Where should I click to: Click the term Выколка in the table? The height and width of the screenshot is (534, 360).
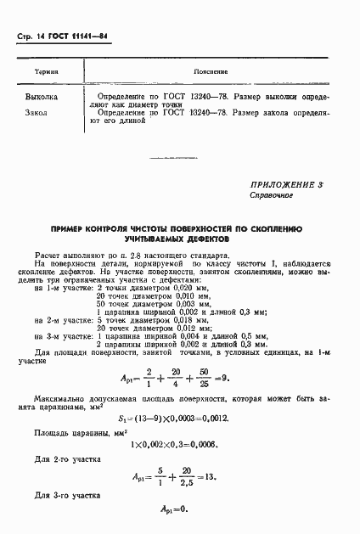click(42, 98)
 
